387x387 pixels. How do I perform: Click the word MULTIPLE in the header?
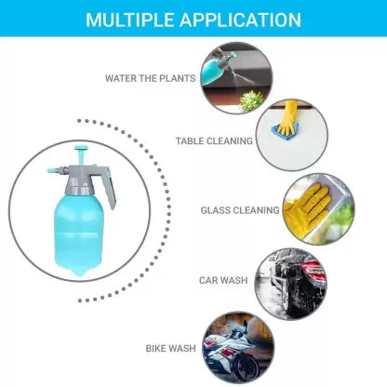click(x=130, y=20)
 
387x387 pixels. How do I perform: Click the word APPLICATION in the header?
click(x=241, y=20)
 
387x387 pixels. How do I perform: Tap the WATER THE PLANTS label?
click(x=150, y=78)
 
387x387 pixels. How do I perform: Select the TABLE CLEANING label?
click(x=214, y=141)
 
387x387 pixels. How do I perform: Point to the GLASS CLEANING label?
click(x=240, y=210)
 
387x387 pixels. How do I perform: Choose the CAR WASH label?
click(x=223, y=280)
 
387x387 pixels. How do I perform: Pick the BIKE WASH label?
click(x=171, y=348)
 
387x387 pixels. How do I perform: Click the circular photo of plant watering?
click(x=236, y=78)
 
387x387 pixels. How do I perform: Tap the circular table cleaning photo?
click(x=291, y=135)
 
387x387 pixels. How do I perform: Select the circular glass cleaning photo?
click(x=319, y=209)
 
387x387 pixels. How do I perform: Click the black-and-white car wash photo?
click(x=291, y=284)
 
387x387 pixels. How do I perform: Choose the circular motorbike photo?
click(x=238, y=349)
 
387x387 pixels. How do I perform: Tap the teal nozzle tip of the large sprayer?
click(x=52, y=170)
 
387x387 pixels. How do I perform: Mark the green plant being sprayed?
click(x=251, y=101)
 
